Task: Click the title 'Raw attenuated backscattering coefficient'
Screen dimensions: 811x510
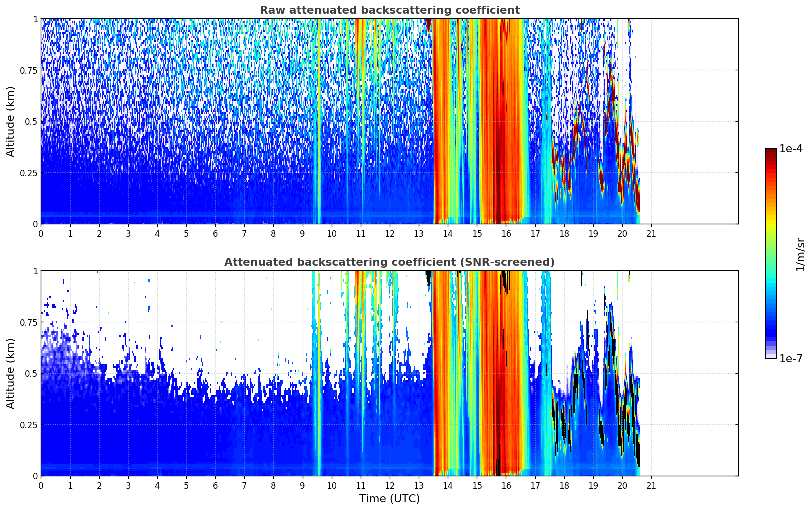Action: tap(390, 10)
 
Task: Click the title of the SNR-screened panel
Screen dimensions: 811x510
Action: tap(389, 262)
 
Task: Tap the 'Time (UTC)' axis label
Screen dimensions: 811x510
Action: tap(390, 499)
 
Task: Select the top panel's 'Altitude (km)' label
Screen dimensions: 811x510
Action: tap(10, 122)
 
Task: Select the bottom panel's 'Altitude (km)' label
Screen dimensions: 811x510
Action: tap(10, 373)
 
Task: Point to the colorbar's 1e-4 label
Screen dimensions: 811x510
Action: tap(790, 148)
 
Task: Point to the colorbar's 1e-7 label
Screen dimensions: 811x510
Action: tap(790, 359)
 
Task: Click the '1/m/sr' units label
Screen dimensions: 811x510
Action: tap(800, 254)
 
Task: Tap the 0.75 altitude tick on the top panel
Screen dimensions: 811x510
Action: tap(28, 70)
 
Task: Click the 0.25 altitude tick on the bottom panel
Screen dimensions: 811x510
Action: tap(28, 425)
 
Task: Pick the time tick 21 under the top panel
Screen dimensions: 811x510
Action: tap(651, 234)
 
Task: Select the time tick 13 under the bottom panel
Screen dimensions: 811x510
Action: tap(419, 486)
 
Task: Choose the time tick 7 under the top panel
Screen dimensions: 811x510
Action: tap(244, 234)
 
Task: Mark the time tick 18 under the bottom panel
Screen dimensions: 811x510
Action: tap(564, 486)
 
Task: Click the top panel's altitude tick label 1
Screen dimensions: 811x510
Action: tap(36, 19)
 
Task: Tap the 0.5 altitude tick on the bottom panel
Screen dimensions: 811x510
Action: tap(31, 373)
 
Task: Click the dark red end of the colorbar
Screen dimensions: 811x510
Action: tap(771, 150)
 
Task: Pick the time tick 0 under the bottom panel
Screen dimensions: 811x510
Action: tap(41, 486)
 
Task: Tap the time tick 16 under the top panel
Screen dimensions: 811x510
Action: tap(506, 234)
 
